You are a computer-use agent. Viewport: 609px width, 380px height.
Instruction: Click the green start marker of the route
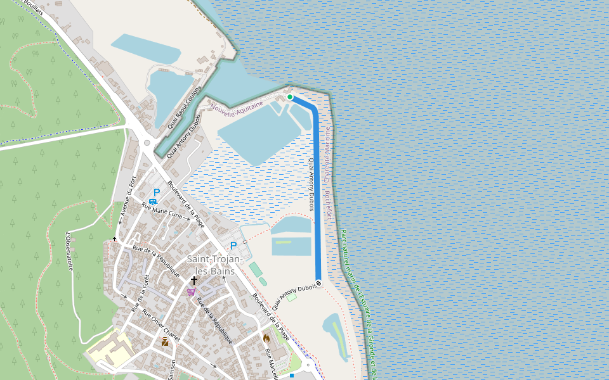[290, 97]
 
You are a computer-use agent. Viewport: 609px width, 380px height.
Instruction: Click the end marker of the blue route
[318, 282]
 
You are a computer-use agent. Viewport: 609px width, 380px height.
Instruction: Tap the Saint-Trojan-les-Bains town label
[211, 265]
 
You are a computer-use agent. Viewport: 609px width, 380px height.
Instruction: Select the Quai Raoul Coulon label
[184, 108]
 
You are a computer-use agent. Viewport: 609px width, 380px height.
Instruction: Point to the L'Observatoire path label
[69, 251]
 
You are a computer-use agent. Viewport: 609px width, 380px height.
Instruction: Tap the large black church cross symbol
[193, 280]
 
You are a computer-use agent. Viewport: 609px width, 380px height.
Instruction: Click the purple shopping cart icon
[191, 292]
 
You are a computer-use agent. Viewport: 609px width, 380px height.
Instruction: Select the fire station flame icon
[267, 338]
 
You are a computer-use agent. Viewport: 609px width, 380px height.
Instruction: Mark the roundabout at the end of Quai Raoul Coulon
[147, 143]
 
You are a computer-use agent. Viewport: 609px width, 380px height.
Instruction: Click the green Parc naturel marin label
[355, 298]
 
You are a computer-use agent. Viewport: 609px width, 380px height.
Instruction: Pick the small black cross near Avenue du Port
[115, 239]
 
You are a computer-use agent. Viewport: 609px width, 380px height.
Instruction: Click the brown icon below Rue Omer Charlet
[165, 341]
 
